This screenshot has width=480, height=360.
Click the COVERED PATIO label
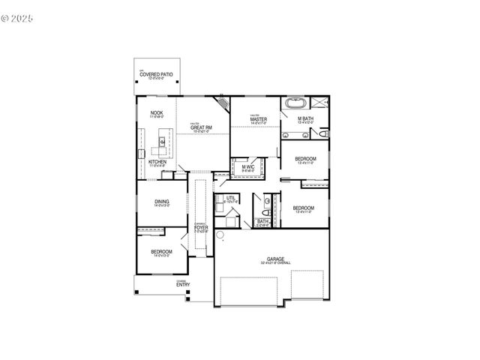pyautogui.click(x=156, y=75)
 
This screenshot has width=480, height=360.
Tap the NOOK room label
pyautogui.click(x=157, y=113)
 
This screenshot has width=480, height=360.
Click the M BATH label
pyautogui.click(x=305, y=119)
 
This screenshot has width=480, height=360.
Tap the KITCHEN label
pyautogui.click(x=157, y=162)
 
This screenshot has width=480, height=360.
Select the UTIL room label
pyautogui.click(x=231, y=198)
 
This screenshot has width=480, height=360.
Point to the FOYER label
pyautogui.click(x=201, y=227)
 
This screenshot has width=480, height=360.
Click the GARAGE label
pyautogui.click(x=275, y=259)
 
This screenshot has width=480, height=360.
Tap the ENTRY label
pyautogui.click(x=183, y=284)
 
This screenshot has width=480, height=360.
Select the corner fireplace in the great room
pyautogui.click(x=223, y=103)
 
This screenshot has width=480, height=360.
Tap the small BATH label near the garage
pyautogui.click(x=262, y=221)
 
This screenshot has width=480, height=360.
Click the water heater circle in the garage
pyautogui.click(x=221, y=236)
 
